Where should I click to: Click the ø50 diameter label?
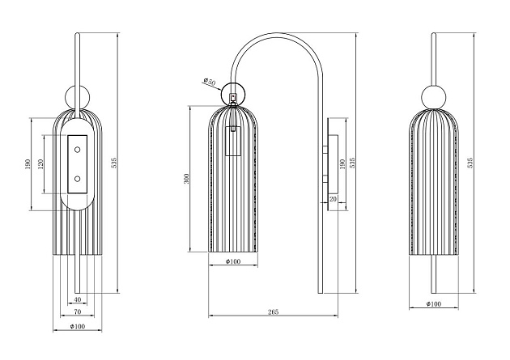(x=210, y=81)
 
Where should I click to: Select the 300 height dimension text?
(x=188, y=179)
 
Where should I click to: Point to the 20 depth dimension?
(x=333, y=198)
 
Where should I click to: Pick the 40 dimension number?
(x=78, y=300)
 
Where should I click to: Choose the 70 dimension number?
(x=78, y=311)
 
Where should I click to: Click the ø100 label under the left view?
(x=78, y=326)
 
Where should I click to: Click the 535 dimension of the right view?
(x=470, y=162)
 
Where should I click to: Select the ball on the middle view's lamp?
(x=234, y=94)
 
